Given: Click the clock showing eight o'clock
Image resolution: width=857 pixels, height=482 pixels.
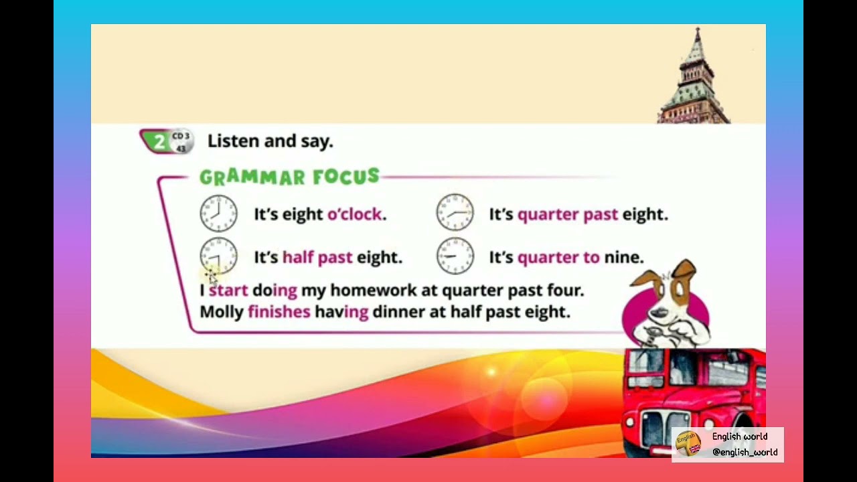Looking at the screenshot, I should click(218, 214).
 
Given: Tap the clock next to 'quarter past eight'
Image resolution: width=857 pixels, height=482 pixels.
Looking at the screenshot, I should click(455, 213).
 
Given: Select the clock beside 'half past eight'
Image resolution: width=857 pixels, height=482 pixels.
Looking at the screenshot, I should click(218, 256).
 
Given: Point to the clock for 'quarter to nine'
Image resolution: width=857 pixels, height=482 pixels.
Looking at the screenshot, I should click(455, 256).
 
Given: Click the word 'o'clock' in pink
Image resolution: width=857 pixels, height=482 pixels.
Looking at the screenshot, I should click(356, 214).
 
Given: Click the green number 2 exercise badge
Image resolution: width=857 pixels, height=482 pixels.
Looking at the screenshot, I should click(158, 141).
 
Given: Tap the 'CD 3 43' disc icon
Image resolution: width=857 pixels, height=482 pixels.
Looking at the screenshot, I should click(181, 142).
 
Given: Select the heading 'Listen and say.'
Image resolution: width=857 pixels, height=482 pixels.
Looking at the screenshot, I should click(270, 141).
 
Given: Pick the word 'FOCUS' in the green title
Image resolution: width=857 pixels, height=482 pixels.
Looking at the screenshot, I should click(345, 177).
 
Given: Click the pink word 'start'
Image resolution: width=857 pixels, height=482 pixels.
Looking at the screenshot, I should click(228, 291).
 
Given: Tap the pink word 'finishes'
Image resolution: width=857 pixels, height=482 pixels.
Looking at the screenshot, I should click(279, 312).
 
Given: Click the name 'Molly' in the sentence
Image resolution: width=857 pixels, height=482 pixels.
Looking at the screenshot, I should click(222, 312).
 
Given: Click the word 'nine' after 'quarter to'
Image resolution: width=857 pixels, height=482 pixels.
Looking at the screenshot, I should click(623, 258).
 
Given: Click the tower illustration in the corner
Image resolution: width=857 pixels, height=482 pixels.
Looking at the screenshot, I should click(695, 80).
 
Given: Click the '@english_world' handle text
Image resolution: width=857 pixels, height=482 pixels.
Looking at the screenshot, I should click(745, 453).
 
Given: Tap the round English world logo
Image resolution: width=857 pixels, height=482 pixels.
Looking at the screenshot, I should click(688, 445).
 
